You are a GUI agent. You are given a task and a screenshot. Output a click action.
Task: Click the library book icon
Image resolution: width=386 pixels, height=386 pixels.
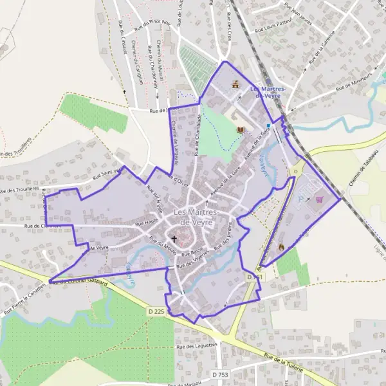(241, 130)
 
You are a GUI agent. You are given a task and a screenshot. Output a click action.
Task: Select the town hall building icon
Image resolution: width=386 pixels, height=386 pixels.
(235, 84)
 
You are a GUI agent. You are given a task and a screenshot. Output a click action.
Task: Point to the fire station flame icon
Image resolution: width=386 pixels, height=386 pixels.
(281, 246)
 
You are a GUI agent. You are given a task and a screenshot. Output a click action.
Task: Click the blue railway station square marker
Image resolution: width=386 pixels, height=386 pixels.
(269, 125)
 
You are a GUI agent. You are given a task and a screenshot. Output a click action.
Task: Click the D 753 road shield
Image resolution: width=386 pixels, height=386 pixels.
(219, 374)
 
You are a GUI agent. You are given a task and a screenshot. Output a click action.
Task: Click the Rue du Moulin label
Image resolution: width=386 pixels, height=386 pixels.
(162, 245)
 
